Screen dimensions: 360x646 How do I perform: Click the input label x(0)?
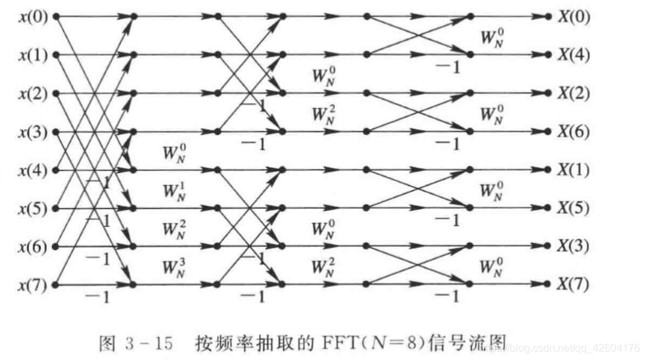click(x=32, y=16)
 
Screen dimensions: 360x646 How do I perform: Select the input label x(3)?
click(x=32, y=132)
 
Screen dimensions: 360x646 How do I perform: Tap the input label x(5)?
click(x=32, y=209)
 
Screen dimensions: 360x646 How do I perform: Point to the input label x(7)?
click(x=32, y=286)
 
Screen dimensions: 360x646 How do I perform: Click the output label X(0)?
click(x=574, y=16)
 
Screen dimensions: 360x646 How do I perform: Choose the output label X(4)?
click(x=574, y=55)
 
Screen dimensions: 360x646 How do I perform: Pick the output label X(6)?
click(x=574, y=132)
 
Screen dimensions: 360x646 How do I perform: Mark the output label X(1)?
click(x=574, y=170)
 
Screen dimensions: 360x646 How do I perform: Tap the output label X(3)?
click(x=574, y=247)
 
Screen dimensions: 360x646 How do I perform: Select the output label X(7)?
click(x=574, y=286)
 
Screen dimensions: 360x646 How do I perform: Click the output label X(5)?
click(x=574, y=209)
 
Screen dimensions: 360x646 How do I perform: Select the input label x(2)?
click(x=32, y=93)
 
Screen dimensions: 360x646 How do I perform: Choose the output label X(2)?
click(x=574, y=93)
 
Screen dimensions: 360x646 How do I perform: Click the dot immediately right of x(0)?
click(x=55, y=16)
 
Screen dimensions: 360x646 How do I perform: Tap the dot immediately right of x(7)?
click(x=55, y=286)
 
